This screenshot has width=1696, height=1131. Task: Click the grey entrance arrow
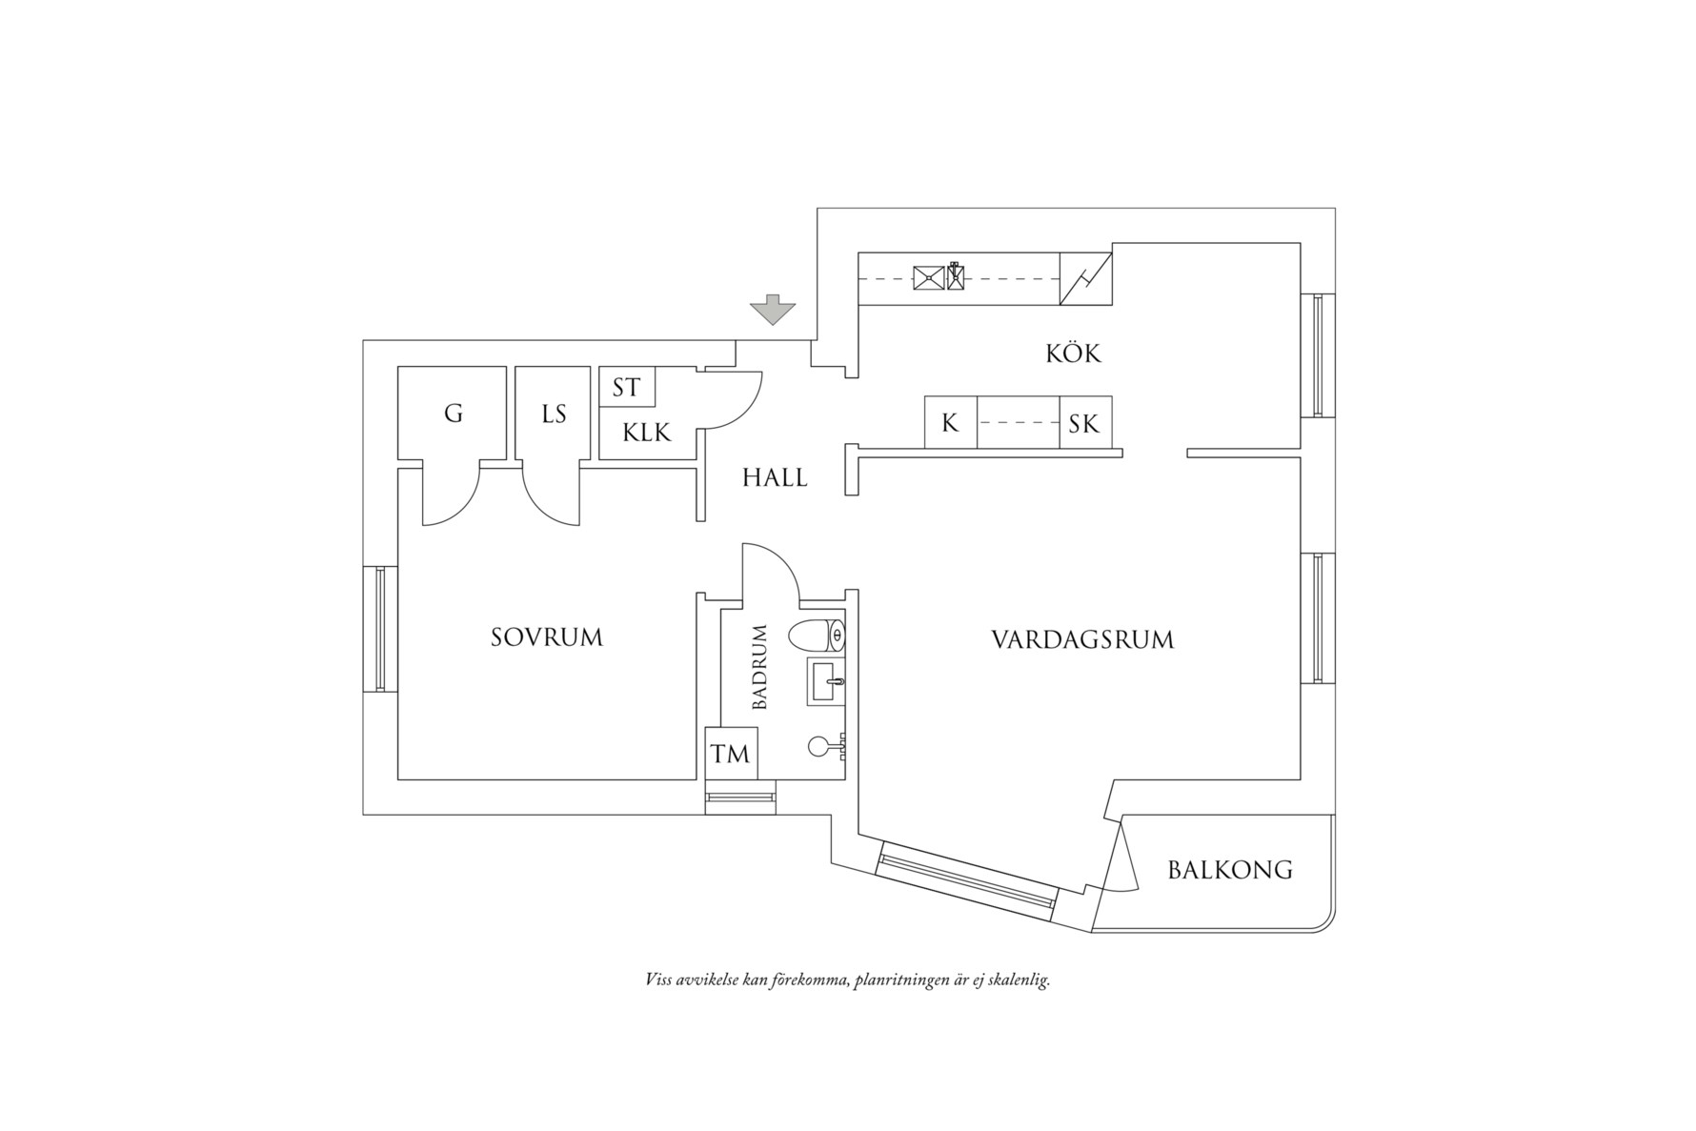point(773,311)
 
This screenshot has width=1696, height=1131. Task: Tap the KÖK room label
point(1073,354)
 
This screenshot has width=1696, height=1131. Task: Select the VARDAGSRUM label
point(1082,639)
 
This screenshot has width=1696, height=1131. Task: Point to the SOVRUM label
point(547,637)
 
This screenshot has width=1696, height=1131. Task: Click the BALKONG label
point(1230,870)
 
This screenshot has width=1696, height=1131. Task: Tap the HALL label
point(775,478)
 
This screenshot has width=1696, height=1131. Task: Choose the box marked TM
point(731,754)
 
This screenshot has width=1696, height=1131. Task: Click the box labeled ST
point(626,388)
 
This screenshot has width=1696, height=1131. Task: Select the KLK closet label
point(647,434)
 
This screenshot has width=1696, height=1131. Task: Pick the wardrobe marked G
point(454,414)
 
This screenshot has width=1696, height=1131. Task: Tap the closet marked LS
point(554,414)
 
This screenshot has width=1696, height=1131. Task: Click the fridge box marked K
point(950,423)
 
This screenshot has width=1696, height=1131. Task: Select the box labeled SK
point(1084,423)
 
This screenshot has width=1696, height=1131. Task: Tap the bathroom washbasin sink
point(825,681)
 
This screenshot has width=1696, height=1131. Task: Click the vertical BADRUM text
point(759,668)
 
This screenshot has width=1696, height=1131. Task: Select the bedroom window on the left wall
point(379,628)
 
